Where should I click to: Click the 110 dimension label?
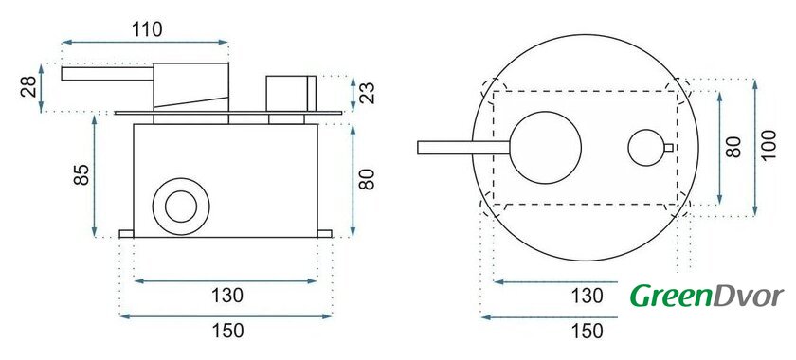pos(147,29)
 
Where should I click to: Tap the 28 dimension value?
pos(28,87)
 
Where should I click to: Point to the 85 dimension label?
pos(81,174)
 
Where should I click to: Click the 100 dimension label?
pos(769,145)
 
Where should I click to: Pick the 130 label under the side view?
pos(227,295)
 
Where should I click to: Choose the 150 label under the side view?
pos(227,331)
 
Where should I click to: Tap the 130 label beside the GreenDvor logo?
pos(588,296)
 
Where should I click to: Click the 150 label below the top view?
pos(588,331)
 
